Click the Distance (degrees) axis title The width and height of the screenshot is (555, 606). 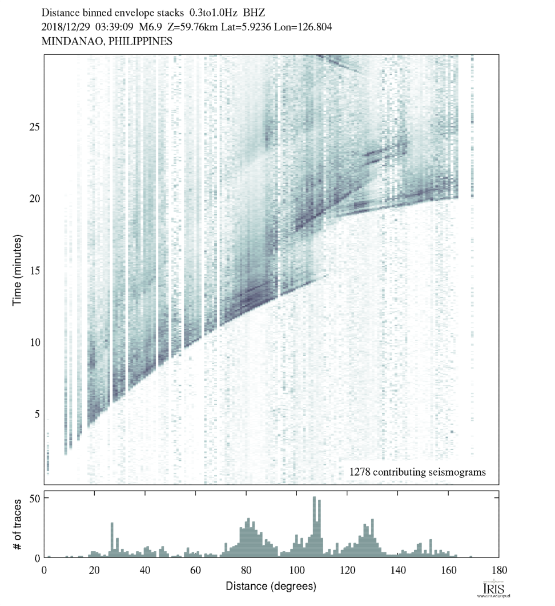click(271, 586)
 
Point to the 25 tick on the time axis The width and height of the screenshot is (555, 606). click(34, 126)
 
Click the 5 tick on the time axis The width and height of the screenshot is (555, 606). click(37, 414)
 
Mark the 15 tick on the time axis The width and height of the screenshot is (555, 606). click(34, 270)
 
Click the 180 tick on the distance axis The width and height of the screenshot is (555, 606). click(499, 569)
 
